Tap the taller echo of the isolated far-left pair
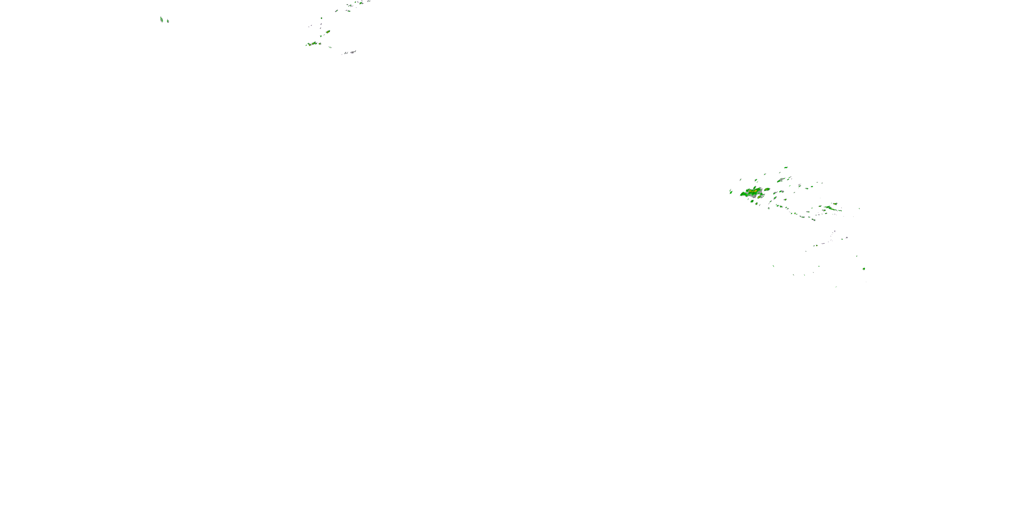coord(161,19)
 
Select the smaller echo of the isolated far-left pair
coord(168,21)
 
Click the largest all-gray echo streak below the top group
coord(352,52)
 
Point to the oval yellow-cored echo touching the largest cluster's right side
coord(767,189)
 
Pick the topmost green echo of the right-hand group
coord(786,167)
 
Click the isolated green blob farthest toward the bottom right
coord(864,269)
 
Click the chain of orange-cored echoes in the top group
coord(312,44)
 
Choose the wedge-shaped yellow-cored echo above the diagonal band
coord(835,204)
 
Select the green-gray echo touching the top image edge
coord(361,2)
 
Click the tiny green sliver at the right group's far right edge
coord(859,208)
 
